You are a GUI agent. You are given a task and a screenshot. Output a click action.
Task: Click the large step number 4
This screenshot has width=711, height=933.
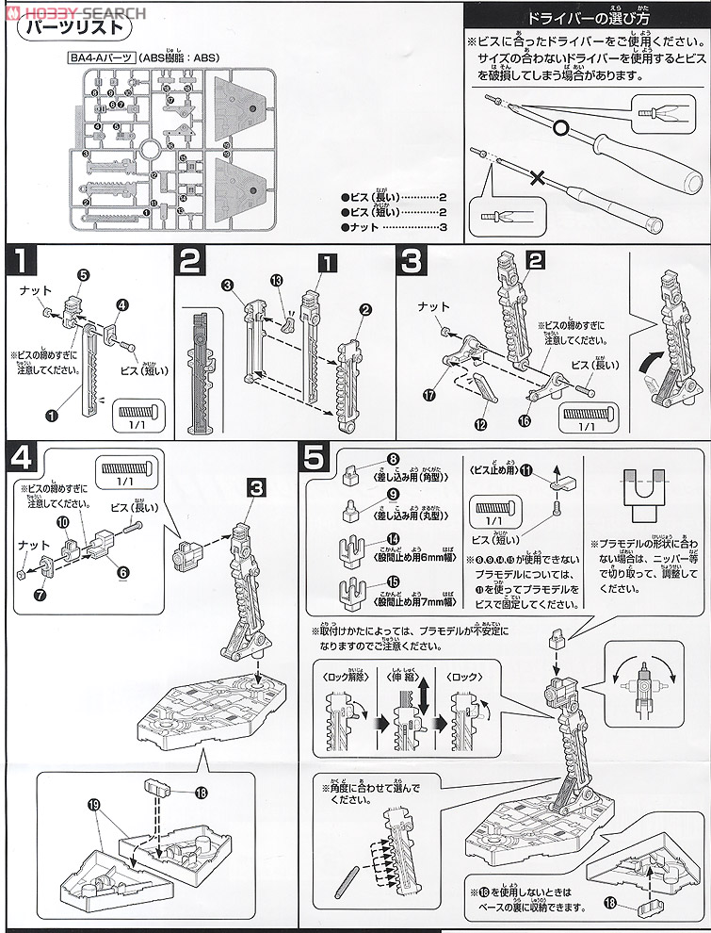tap(23, 458)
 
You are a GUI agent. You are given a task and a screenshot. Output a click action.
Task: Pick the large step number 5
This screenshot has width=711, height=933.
tap(317, 458)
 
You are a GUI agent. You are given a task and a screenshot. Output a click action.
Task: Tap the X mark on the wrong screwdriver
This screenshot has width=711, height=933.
tap(539, 175)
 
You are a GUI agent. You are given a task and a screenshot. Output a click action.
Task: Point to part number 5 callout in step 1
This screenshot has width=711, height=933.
tap(83, 274)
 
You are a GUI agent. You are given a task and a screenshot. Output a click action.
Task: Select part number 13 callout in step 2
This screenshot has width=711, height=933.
tap(276, 281)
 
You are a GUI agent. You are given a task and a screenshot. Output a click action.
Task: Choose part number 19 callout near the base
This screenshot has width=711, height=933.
tap(67, 807)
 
